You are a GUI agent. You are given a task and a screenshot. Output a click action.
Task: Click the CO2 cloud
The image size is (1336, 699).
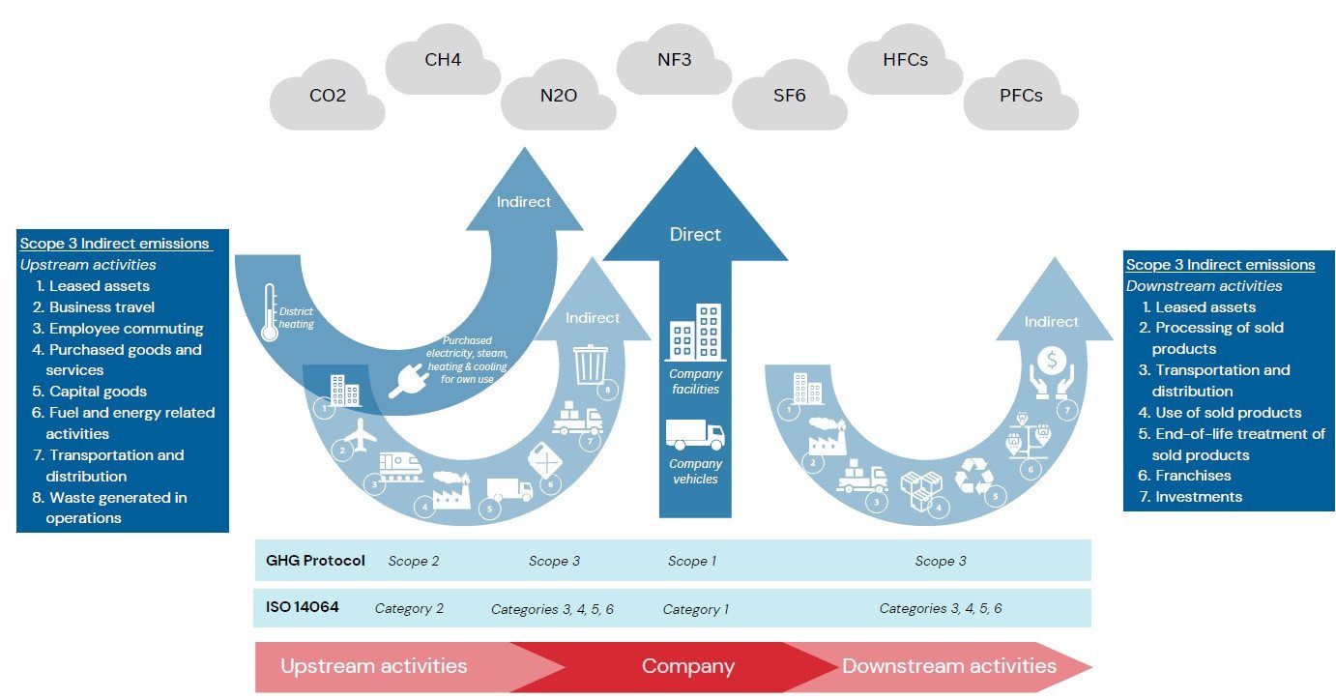pyautogui.click(x=327, y=97)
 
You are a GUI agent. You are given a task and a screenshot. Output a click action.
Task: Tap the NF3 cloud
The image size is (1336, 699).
pyautogui.click(x=674, y=60)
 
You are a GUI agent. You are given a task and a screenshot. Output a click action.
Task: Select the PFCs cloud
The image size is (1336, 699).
pyautogui.click(x=1021, y=97)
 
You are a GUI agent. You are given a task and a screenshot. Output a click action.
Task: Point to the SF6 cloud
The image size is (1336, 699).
pyautogui.click(x=789, y=97)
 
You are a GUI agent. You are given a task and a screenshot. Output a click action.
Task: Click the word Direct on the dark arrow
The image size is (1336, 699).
pyautogui.click(x=695, y=234)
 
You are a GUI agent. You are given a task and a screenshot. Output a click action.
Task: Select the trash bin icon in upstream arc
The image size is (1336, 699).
pyautogui.click(x=590, y=364)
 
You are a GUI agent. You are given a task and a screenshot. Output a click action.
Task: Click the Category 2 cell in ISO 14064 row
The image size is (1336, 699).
pyautogui.click(x=410, y=609)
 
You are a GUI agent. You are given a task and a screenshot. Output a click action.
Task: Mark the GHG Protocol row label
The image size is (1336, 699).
pyautogui.click(x=315, y=561)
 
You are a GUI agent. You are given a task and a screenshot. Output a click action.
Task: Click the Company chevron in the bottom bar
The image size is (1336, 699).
pyautogui.click(x=687, y=666)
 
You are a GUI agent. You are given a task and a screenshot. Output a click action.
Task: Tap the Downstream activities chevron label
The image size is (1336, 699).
pyautogui.click(x=949, y=666)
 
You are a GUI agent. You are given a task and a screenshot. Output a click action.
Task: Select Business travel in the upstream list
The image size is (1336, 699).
pyautogui.click(x=102, y=307)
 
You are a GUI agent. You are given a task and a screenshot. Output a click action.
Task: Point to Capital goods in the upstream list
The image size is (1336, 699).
pyautogui.click(x=98, y=392)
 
